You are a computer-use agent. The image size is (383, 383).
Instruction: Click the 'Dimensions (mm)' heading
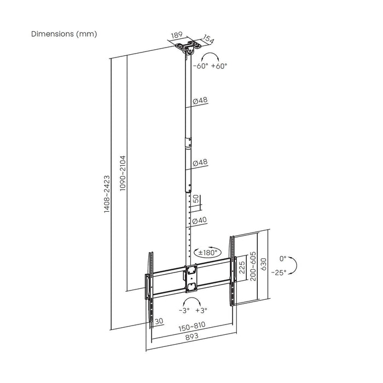tap(64, 34)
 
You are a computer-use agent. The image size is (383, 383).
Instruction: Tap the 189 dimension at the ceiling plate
tap(176, 36)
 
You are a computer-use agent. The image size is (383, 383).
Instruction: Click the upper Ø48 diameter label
tap(200, 101)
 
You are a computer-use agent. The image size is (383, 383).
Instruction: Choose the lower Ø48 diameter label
tap(200, 163)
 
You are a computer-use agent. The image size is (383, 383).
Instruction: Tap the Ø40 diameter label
tap(199, 220)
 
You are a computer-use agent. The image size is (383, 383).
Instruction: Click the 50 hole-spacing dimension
tap(196, 198)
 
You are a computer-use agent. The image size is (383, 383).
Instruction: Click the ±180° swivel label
tap(208, 253)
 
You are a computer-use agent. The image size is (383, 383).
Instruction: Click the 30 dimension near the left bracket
tap(159, 322)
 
